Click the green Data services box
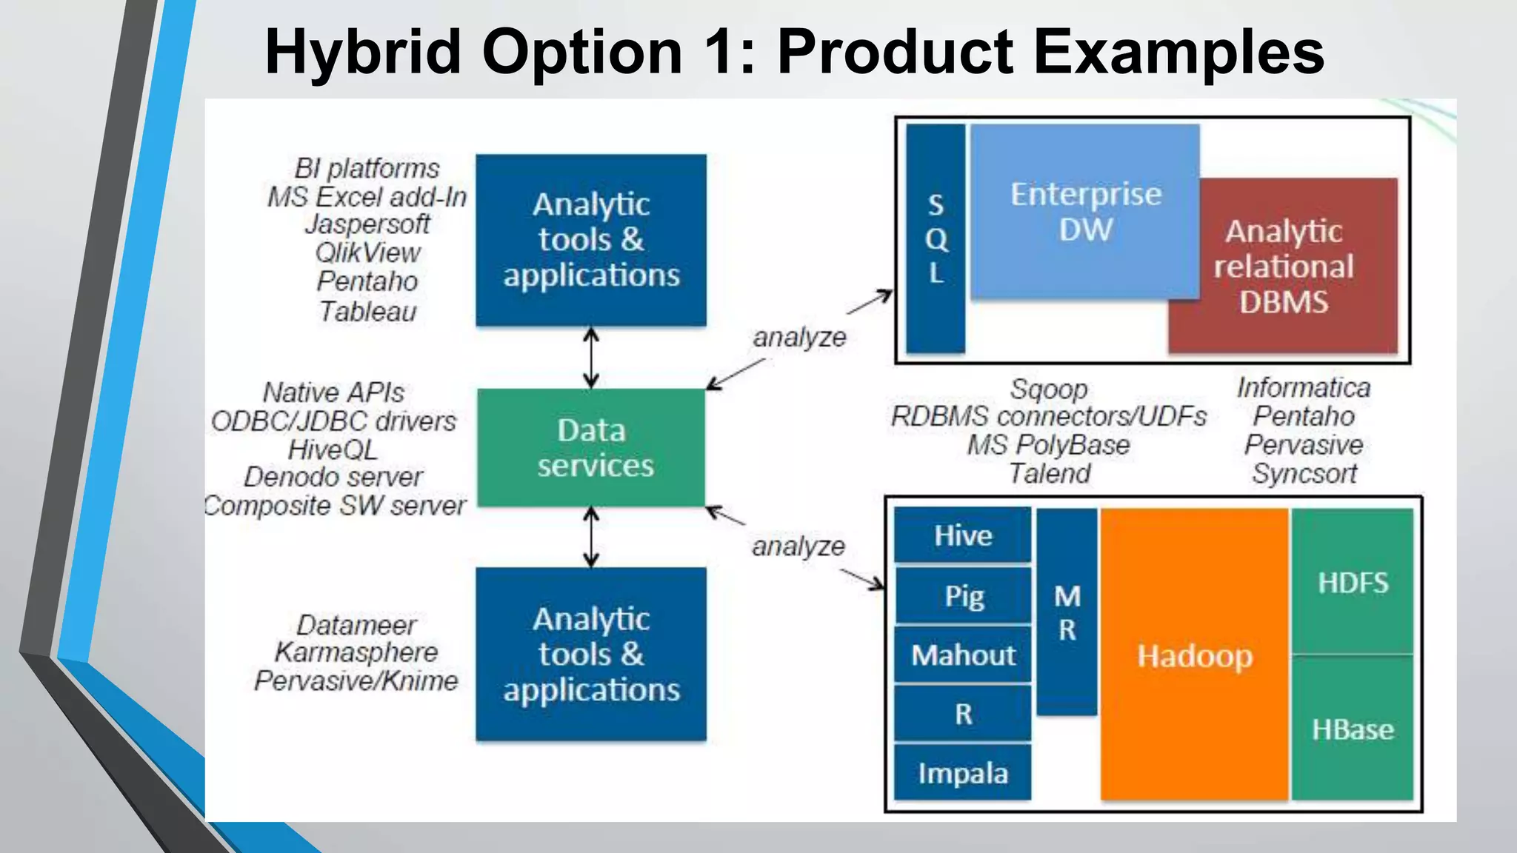pyautogui.click(x=591, y=448)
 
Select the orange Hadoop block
pyautogui.click(x=1194, y=655)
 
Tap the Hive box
pyautogui.click(x=962, y=535)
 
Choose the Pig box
pyautogui.click(x=963, y=595)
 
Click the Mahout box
pyautogui.click(x=962, y=655)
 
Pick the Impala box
pyautogui.click(x=962, y=773)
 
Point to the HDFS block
pyautogui.click(x=1353, y=582)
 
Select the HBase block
pyautogui.click(x=1353, y=729)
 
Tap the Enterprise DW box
pyautogui.click(x=1085, y=211)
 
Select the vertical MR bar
pyautogui.click(x=1067, y=612)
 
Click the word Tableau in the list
pyautogui.click(x=367, y=311)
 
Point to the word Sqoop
pyautogui.click(x=1049, y=389)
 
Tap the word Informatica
pyautogui.click(x=1304, y=387)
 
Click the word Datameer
pyautogui.click(x=356, y=625)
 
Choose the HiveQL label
pyautogui.click(x=333, y=449)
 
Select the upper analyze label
pyautogui.click(x=799, y=337)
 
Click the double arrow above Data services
pyautogui.click(x=591, y=358)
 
